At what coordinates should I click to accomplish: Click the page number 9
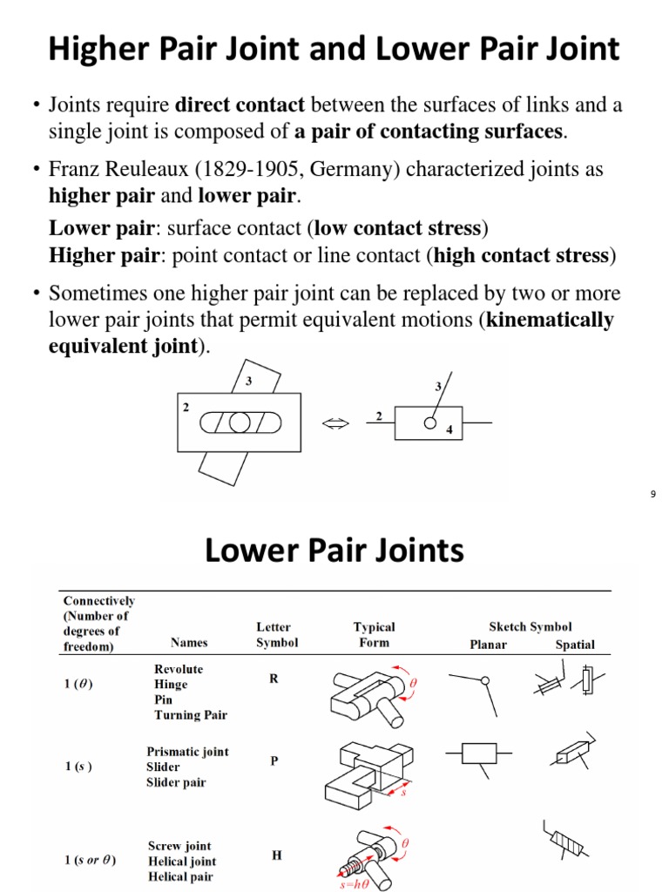coord(652,495)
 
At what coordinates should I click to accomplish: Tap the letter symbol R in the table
coord(274,679)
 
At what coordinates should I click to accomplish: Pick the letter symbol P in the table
coord(274,760)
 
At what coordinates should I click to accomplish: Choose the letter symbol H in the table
coord(276,855)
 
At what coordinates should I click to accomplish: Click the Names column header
coord(189,643)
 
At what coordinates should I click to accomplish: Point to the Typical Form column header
coord(374,635)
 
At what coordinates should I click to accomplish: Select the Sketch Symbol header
coord(530,626)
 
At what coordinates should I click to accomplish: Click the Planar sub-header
coord(488,645)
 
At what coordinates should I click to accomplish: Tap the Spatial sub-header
coord(575,645)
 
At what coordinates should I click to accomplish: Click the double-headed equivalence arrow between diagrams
coord(335,423)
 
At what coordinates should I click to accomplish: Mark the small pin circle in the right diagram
coord(429,423)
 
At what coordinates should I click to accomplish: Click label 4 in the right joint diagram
coord(449,429)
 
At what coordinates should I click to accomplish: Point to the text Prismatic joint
coord(187,752)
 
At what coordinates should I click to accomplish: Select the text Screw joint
coord(179,846)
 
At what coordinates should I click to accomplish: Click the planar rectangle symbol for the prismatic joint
coord(471,753)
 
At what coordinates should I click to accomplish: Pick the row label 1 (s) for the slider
coord(78,767)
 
